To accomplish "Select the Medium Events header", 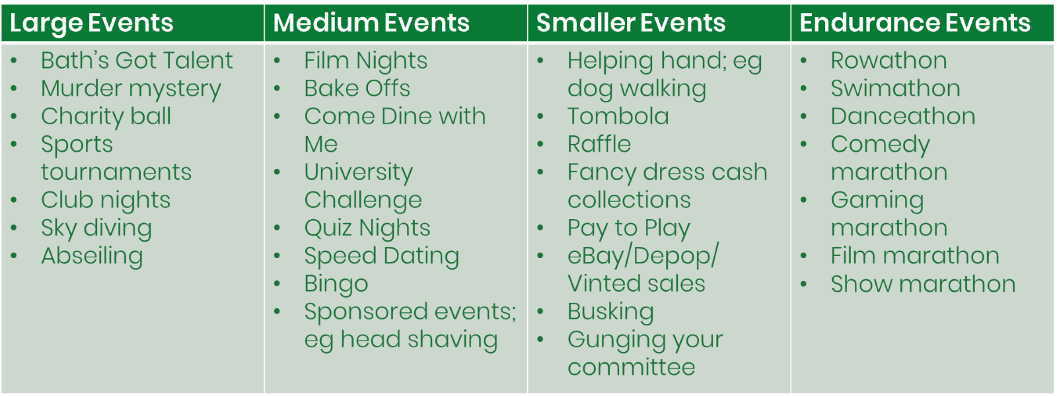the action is coord(371,22).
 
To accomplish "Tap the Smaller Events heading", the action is coord(631,22).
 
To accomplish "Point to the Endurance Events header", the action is coord(915,22).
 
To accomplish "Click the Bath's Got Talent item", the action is coord(137,60).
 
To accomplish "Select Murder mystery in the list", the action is coord(131,89).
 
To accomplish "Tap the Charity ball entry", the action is coord(106,117).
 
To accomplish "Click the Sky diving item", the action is coord(96,228).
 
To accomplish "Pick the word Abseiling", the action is coord(92,257).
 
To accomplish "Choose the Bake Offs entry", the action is coord(357,88).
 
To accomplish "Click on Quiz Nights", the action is coord(367,228).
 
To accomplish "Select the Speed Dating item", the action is coord(382,257).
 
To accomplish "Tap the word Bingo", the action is coord(336,284).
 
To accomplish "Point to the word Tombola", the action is coord(618,116).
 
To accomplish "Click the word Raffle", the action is coord(599,144).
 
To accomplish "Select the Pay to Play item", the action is coord(628,228).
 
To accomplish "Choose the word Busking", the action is coord(610,312).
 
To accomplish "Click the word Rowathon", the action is coord(889,60).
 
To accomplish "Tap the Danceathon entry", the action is coord(903,116).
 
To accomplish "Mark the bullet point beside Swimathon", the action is coord(804,88).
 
